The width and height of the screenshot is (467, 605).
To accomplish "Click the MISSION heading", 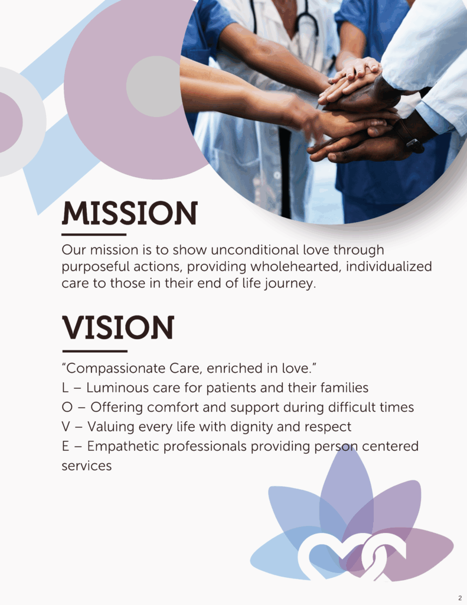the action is [129, 213].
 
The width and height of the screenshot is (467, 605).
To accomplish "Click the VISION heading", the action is [118, 327].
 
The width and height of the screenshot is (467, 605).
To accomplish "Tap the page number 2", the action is [460, 598].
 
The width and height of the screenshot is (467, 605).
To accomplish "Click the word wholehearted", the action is [295, 266].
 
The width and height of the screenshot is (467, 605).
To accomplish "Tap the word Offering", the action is [117, 408].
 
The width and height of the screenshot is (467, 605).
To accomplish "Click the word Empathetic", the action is [123, 447].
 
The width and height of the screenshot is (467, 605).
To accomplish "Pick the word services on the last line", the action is [87, 466].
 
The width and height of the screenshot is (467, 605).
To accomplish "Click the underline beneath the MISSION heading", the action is [94, 234].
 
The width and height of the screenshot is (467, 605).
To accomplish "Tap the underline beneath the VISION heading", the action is [95, 351].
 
